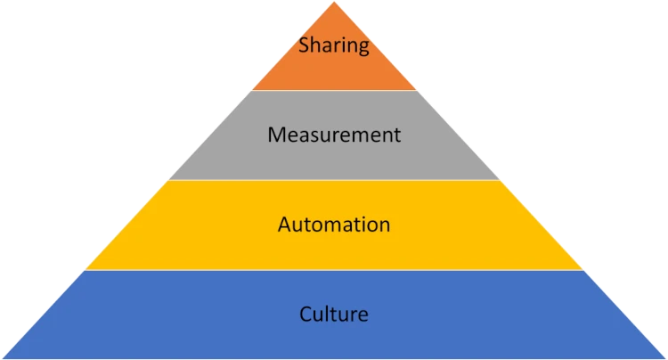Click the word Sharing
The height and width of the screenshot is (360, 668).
point(334,45)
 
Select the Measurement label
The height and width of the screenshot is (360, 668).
point(334,135)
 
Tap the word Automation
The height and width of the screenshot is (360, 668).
point(334,224)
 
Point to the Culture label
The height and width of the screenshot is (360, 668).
point(334,314)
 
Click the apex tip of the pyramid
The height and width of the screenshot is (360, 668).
point(334,4)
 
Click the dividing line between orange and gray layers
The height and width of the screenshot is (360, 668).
point(334,91)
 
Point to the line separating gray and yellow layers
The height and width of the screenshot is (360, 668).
point(334,180)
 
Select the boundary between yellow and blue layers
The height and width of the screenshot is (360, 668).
point(334,270)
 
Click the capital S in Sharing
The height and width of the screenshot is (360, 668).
point(304,45)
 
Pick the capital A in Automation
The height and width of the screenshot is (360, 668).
point(284,224)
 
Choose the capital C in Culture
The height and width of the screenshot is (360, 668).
point(305,314)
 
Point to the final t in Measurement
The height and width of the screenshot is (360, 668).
point(397,135)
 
